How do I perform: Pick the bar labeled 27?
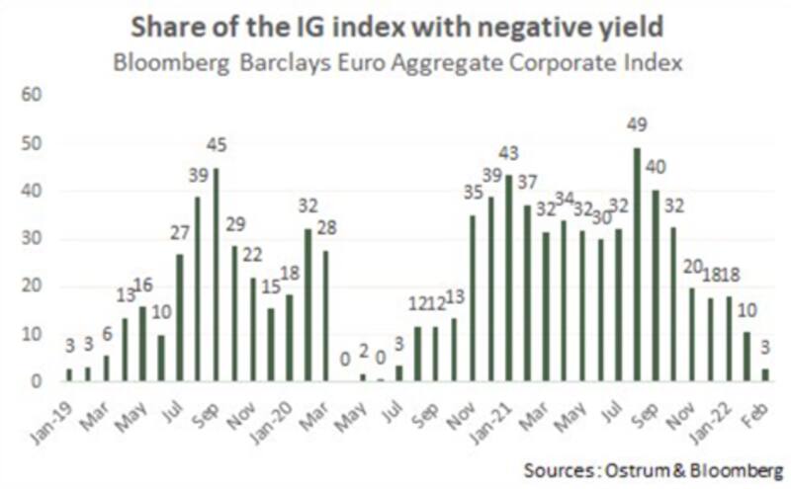pyautogui.click(x=180, y=317)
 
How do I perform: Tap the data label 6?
pyautogui.click(x=106, y=335)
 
